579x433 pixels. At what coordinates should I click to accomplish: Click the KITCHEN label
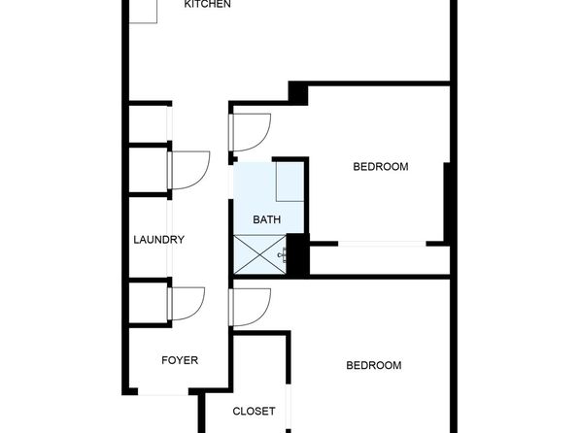pyautogui.click(x=207, y=4)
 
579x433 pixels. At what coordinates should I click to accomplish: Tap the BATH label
pyautogui.click(x=266, y=219)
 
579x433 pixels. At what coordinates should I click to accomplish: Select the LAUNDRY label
pyautogui.click(x=158, y=240)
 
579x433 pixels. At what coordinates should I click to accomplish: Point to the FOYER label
pyautogui.click(x=180, y=360)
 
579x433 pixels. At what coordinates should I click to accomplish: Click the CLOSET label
pyautogui.click(x=254, y=411)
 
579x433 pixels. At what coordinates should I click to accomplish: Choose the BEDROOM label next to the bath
pyautogui.click(x=381, y=166)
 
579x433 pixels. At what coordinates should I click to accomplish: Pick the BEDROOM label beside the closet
pyautogui.click(x=374, y=365)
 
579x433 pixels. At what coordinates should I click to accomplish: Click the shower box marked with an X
pyautogui.click(x=260, y=254)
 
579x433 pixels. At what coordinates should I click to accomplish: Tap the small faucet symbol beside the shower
pyautogui.click(x=284, y=254)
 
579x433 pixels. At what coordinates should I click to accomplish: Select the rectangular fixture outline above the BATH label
pyautogui.click(x=289, y=182)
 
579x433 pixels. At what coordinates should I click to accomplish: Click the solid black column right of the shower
pyautogui.click(x=297, y=255)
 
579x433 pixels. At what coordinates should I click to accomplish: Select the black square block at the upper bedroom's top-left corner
pyautogui.click(x=298, y=93)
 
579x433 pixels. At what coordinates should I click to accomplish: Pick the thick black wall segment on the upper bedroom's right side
pyautogui.click(x=447, y=204)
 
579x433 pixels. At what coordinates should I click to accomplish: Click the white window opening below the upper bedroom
pyautogui.click(x=382, y=244)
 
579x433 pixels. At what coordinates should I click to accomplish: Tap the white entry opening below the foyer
pyautogui.click(x=163, y=391)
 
